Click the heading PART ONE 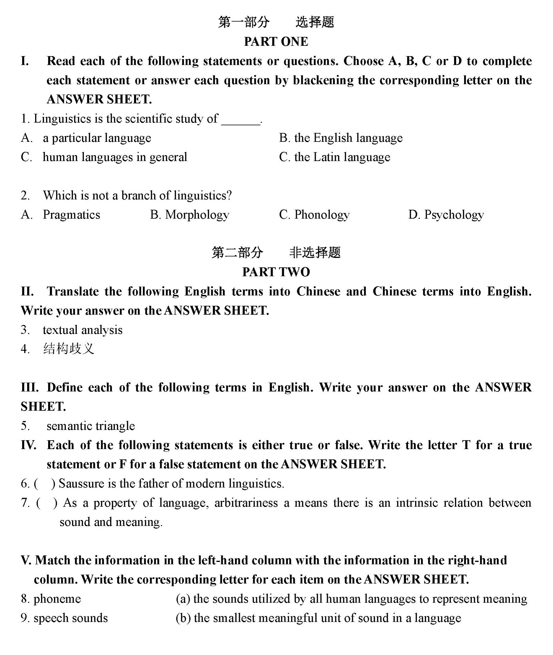point(276,42)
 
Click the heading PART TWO point(276,272)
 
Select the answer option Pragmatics point(71,215)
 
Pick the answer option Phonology point(322,215)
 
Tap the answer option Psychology point(454,215)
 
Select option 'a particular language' point(97,138)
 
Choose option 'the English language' point(348,138)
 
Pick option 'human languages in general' point(115,157)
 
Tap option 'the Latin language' point(342,157)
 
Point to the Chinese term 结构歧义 point(69,349)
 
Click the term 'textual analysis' point(82,330)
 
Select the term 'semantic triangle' point(91,426)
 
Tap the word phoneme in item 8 point(57,599)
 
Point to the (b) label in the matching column point(183,618)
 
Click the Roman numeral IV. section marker point(29,445)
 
